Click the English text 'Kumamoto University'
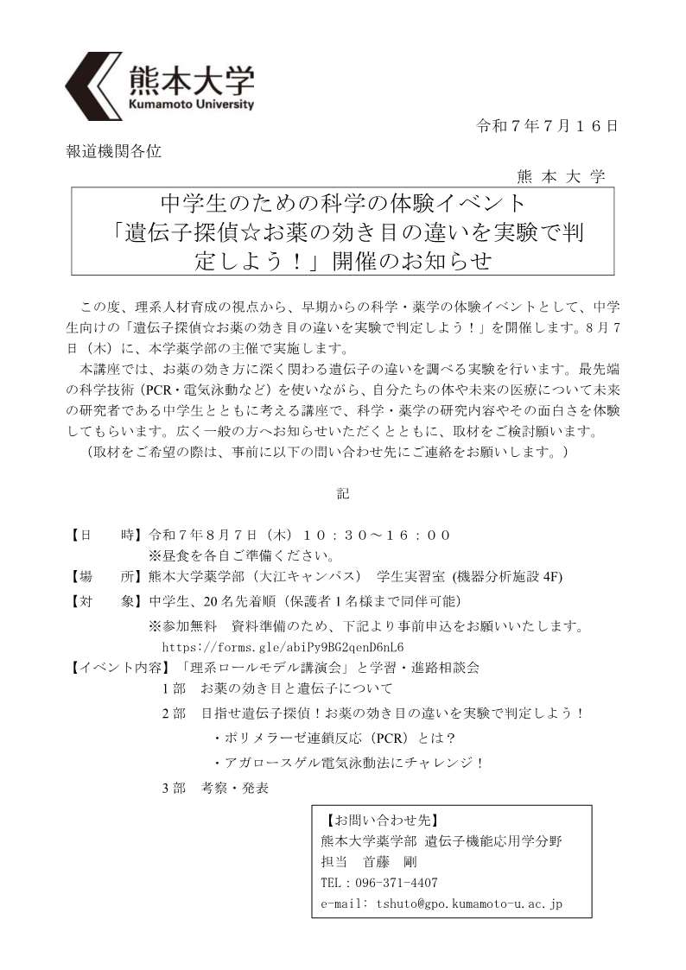point(191,104)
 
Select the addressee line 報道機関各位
point(113,151)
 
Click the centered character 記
point(343,495)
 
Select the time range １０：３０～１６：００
point(378,535)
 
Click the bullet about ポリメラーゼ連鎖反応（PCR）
point(333,739)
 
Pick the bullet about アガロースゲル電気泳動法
point(347,763)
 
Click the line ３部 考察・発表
point(215,788)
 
